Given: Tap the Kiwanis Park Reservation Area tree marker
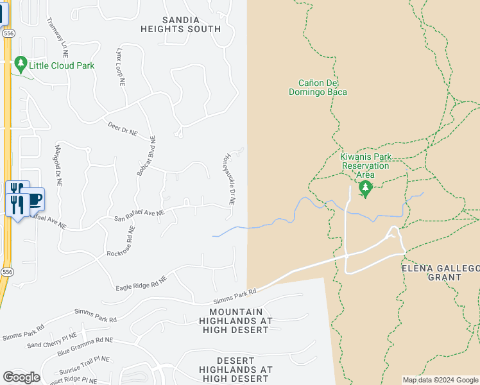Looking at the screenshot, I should pos(365,189).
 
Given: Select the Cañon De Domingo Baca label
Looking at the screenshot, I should pos(322,87).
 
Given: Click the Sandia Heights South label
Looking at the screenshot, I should pos(181,24).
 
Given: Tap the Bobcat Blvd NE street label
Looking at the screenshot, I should pos(145,156).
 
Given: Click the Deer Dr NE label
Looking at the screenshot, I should pos(123,129).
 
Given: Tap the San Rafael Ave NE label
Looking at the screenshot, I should pos(139,214).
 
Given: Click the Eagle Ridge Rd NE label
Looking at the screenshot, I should pos(141,283).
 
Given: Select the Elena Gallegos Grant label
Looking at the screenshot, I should pos(440,273).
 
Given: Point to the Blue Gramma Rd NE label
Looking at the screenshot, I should pos(85,347).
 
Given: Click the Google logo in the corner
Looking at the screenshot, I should pos(21,377).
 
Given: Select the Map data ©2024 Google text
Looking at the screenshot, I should pos(440,380).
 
